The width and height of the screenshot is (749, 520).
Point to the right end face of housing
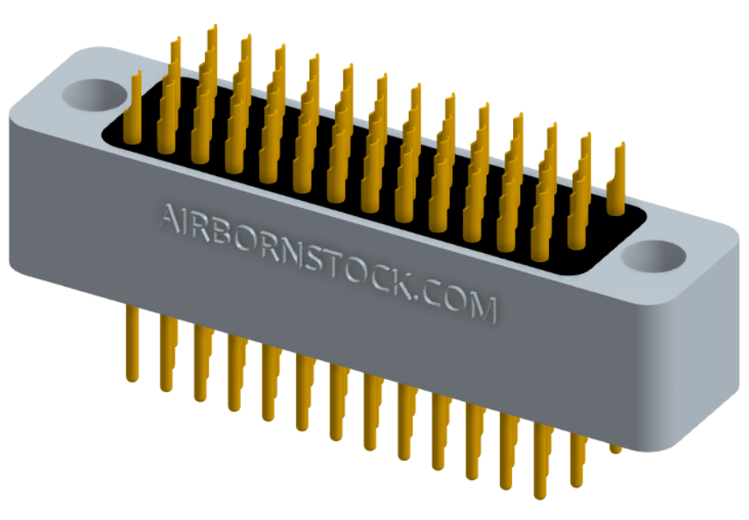(697, 360)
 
